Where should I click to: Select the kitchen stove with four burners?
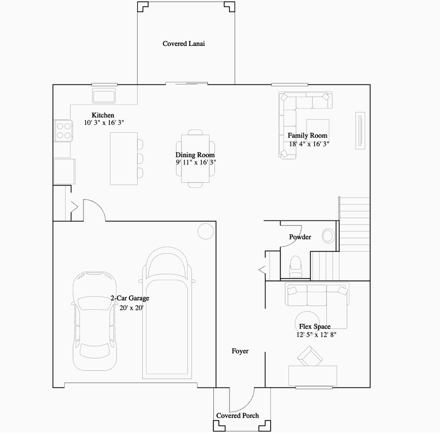click(63, 130)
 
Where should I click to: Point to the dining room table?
click(195, 156)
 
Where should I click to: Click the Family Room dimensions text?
click(308, 144)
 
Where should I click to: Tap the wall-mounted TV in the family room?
click(360, 129)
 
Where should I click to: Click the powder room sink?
click(329, 234)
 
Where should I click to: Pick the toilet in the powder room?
click(296, 264)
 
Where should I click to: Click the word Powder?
click(300, 237)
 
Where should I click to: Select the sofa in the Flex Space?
click(317, 295)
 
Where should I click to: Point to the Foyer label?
click(240, 351)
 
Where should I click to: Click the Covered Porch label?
click(238, 416)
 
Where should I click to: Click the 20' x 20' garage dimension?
click(131, 308)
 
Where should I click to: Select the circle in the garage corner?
click(205, 230)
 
